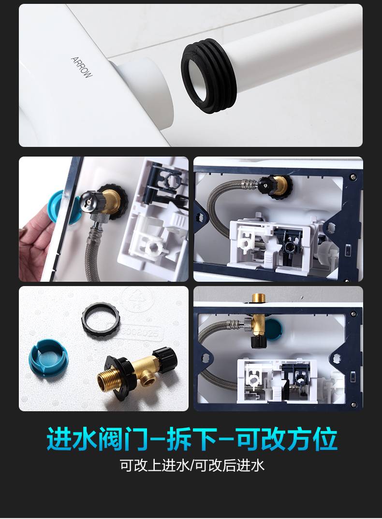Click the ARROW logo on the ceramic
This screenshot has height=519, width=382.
pyautogui.click(x=82, y=67)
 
